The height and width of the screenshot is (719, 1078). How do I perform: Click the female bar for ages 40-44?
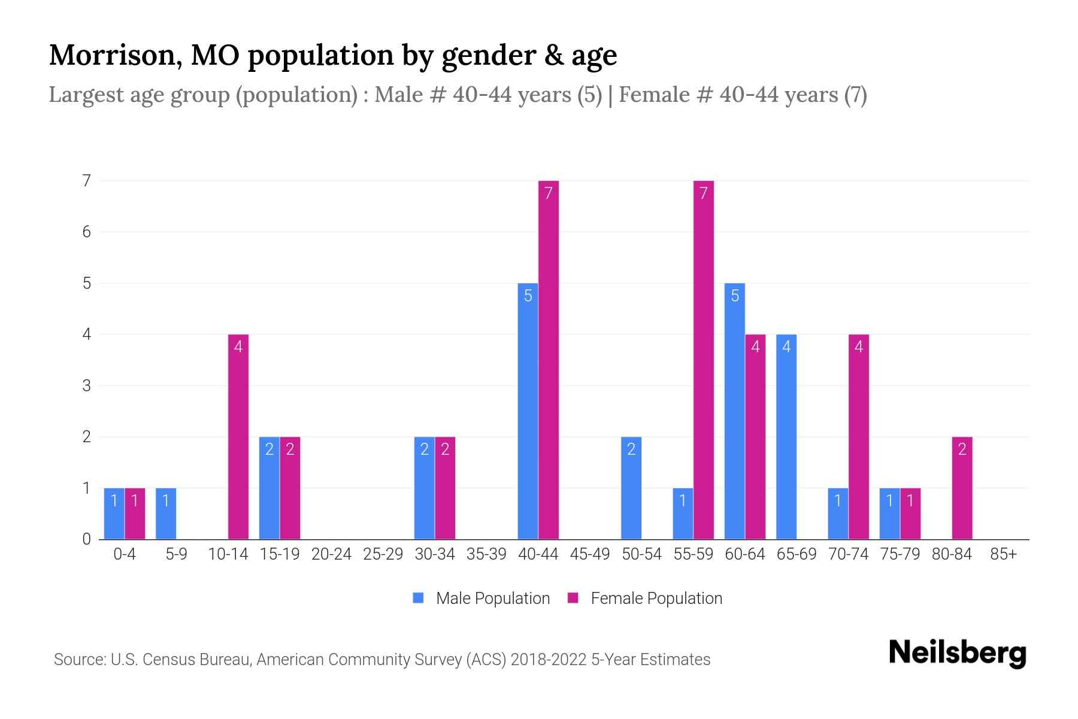pos(548,359)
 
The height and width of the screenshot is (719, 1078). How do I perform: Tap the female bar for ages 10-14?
pos(238,437)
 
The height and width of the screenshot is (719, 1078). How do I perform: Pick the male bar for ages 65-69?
pos(786,437)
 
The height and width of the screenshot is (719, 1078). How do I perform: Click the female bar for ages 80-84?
pos(962,488)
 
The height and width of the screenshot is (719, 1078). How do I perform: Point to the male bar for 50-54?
pos(631,488)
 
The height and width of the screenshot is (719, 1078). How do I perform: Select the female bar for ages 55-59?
pos(703,359)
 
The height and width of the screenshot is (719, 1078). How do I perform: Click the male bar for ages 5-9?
pos(166,514)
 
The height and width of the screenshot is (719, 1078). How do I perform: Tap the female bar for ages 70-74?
pos(858,437)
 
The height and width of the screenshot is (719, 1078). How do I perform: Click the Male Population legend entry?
pos(482,598)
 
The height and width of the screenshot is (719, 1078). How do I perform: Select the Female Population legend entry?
pos(646,598)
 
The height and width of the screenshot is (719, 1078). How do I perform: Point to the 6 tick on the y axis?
pos(87,232)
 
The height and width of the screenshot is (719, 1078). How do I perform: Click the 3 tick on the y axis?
pos(87,385)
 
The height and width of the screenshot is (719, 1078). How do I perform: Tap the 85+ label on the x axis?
pos(1003,554)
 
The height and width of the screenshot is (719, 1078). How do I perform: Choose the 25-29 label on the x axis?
pos(383,554)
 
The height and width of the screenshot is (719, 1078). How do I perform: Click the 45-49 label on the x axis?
pos(589,554)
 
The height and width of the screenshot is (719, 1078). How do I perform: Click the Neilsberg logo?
pos(957,653)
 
